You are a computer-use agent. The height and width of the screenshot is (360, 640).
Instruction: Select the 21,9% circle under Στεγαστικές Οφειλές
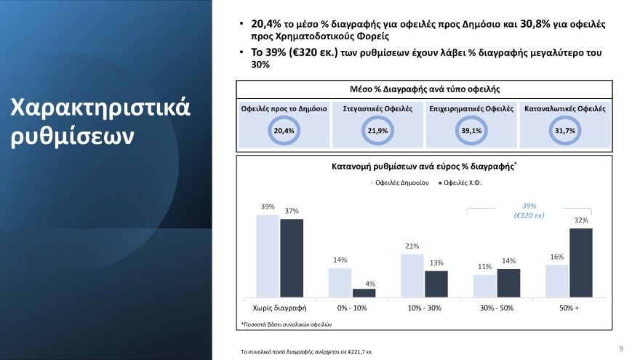coord(377,130)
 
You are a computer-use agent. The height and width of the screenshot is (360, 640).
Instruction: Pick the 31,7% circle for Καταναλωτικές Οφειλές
coord(565,130)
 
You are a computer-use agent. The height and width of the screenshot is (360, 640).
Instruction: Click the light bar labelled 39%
coord(268,255)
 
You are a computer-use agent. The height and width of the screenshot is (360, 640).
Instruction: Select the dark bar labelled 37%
coord(291,257)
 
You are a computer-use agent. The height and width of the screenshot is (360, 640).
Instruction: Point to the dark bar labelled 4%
coord(364,293)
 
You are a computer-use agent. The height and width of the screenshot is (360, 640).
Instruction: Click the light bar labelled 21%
coord(412,275)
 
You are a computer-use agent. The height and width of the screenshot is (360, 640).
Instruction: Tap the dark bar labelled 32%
coord(580,263)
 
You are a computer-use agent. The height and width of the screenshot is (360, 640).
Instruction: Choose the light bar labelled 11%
coord(484,285)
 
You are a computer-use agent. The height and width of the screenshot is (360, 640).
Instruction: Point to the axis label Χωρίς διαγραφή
coord(279,307)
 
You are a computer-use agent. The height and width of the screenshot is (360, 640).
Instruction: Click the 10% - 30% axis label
coord(424,307)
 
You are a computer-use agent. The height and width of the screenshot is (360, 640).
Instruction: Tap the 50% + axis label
coord(569,307)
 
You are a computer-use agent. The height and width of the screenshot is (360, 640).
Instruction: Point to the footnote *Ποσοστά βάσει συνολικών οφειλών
coord(286,323)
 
